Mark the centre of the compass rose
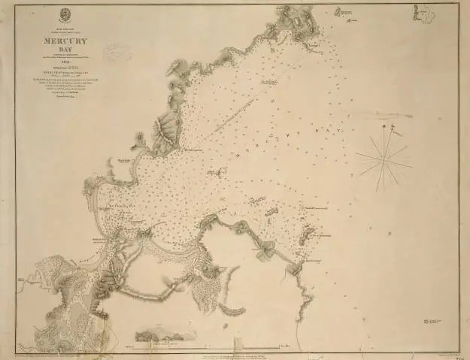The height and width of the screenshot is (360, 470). click(x=383, y=157)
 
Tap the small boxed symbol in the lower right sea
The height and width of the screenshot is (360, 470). click(x=432, y=321)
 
